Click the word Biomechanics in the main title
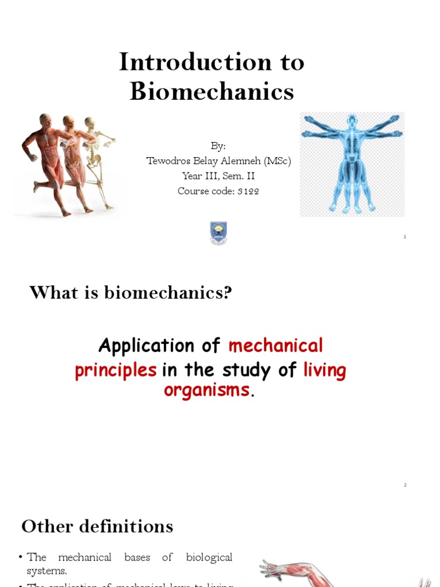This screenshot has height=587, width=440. click(x=211, y=91)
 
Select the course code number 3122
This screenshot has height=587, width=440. click(x=247, y=191)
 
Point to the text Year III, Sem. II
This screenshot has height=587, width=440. click(x=218, y=176)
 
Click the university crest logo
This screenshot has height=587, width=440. click(x=218, y=233)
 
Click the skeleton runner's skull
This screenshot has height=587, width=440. click(x=89, y=123)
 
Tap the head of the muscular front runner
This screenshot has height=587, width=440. click(x=45, y=120)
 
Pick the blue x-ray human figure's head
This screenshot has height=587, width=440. click(x=352, y=120)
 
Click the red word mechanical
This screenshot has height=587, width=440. click(x=276, y=346)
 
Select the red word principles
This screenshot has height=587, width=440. click(x=116, y=370)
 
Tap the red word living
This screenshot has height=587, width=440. click(x=324, y=370)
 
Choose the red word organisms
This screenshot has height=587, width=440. click(x=207, y=390)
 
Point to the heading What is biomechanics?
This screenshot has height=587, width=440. click(x=131, y=292)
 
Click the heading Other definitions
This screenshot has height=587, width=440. click(x=97, y=526)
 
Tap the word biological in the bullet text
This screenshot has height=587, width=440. click(x=209, y=557)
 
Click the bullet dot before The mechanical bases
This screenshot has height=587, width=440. click(x=20, y=558)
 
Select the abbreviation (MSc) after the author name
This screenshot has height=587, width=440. click(x=277, y=161)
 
